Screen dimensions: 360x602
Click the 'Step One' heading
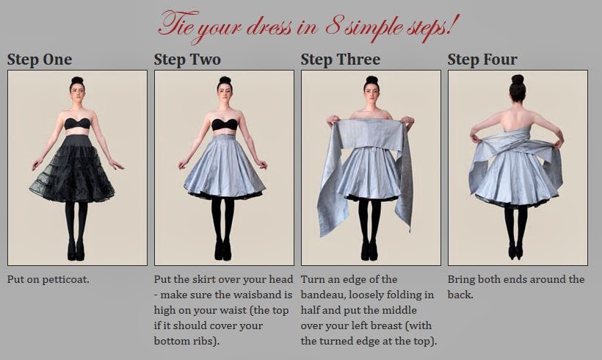pos(40,60)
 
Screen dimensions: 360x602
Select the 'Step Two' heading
pos(187,60)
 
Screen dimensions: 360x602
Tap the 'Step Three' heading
pos(341,60)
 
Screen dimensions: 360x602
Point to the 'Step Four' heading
pos(482,60)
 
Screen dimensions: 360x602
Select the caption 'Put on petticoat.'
pos(48,280)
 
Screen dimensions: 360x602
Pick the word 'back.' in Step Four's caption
pos(462,295)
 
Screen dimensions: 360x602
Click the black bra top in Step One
pos(77,123)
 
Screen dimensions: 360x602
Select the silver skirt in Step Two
pos(224,165)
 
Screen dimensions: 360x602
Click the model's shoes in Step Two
pos(224,252)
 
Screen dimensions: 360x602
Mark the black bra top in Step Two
pos(224,123)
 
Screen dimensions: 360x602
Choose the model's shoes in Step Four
pos(518,252)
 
